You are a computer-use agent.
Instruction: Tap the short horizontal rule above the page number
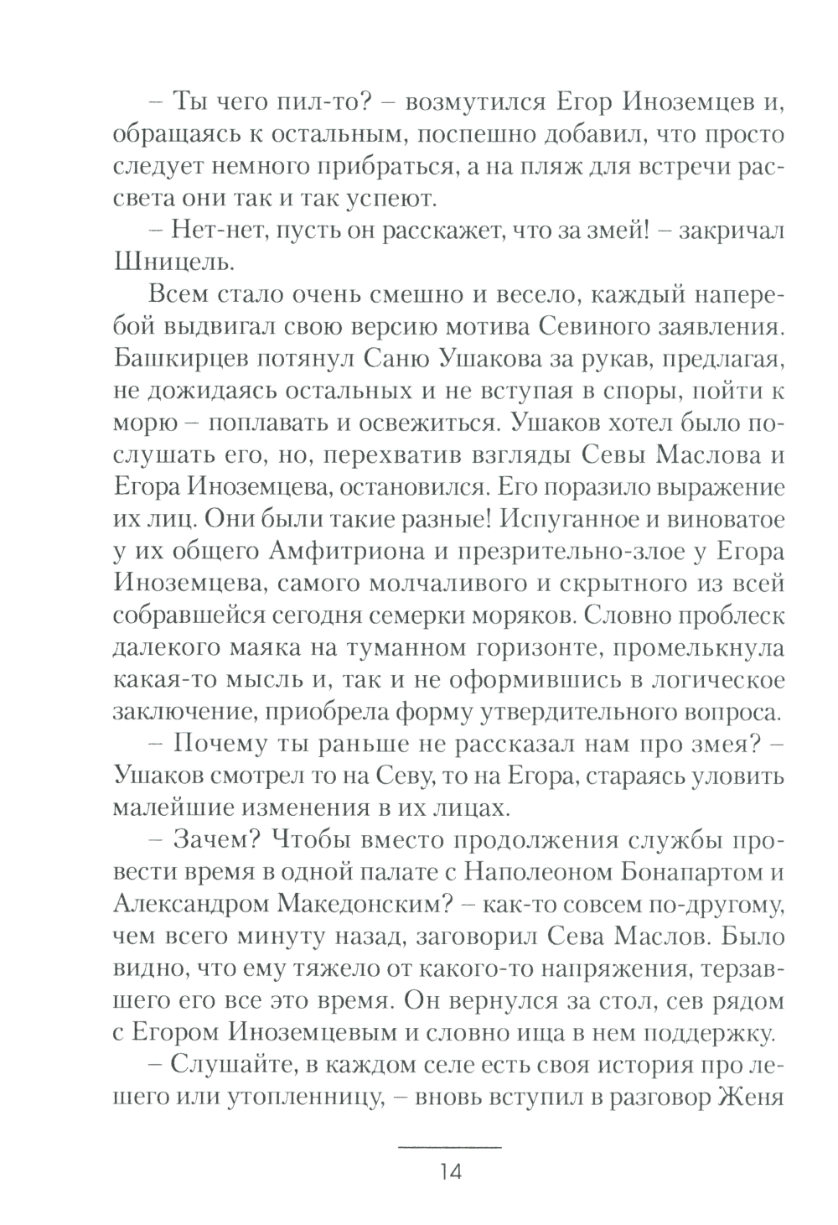pyautogui.click(x=449, y=1145)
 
